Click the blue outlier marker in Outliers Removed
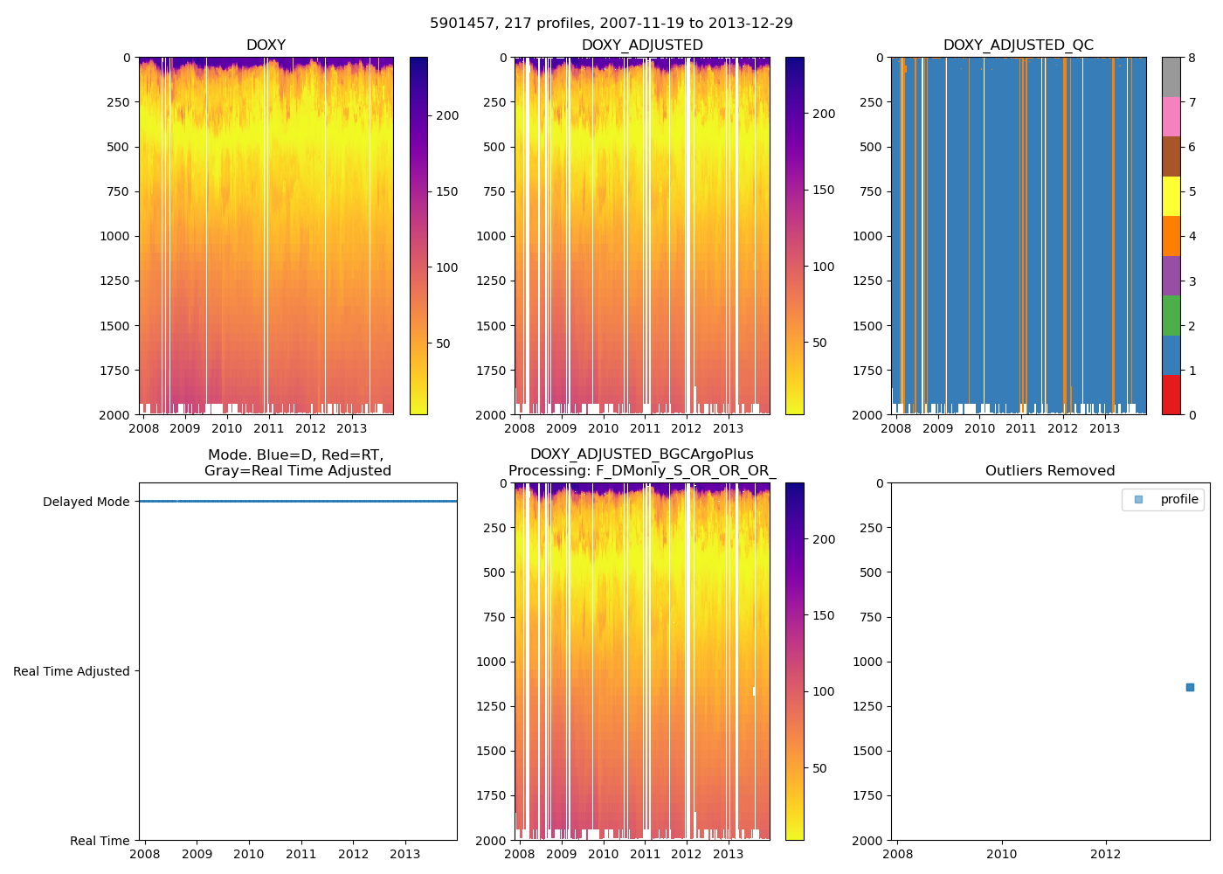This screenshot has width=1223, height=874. coord(1190,688)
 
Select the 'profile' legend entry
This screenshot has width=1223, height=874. coord(1178,499)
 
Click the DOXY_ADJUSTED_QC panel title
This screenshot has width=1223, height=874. coord(1018,45)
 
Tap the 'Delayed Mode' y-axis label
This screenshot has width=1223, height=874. coord(86,502)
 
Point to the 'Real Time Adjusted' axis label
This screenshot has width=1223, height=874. coord(71,671)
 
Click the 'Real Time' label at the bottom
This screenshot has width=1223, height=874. coord(100,841)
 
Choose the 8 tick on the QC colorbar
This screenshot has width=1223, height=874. coord(1192,58)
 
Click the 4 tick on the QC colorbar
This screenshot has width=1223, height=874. coord(1192,236)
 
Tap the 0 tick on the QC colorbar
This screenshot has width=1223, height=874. coord(1192,414)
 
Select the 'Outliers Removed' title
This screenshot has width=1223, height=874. coord(1050,471)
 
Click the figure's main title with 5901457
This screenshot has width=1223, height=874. coord(611,24)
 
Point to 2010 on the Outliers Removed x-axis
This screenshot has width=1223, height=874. coord(1001,854)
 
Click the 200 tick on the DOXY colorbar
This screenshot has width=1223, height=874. coord(447,115)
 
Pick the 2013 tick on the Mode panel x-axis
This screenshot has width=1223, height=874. coord(405,854)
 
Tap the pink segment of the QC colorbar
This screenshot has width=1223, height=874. coord(1171,117)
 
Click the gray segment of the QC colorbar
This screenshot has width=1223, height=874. coord(1171,77)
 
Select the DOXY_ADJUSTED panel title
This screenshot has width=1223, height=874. coord(642,45)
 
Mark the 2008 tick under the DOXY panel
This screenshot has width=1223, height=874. coord(144,428)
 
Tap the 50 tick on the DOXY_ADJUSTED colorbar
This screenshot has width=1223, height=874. coord(819,343)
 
